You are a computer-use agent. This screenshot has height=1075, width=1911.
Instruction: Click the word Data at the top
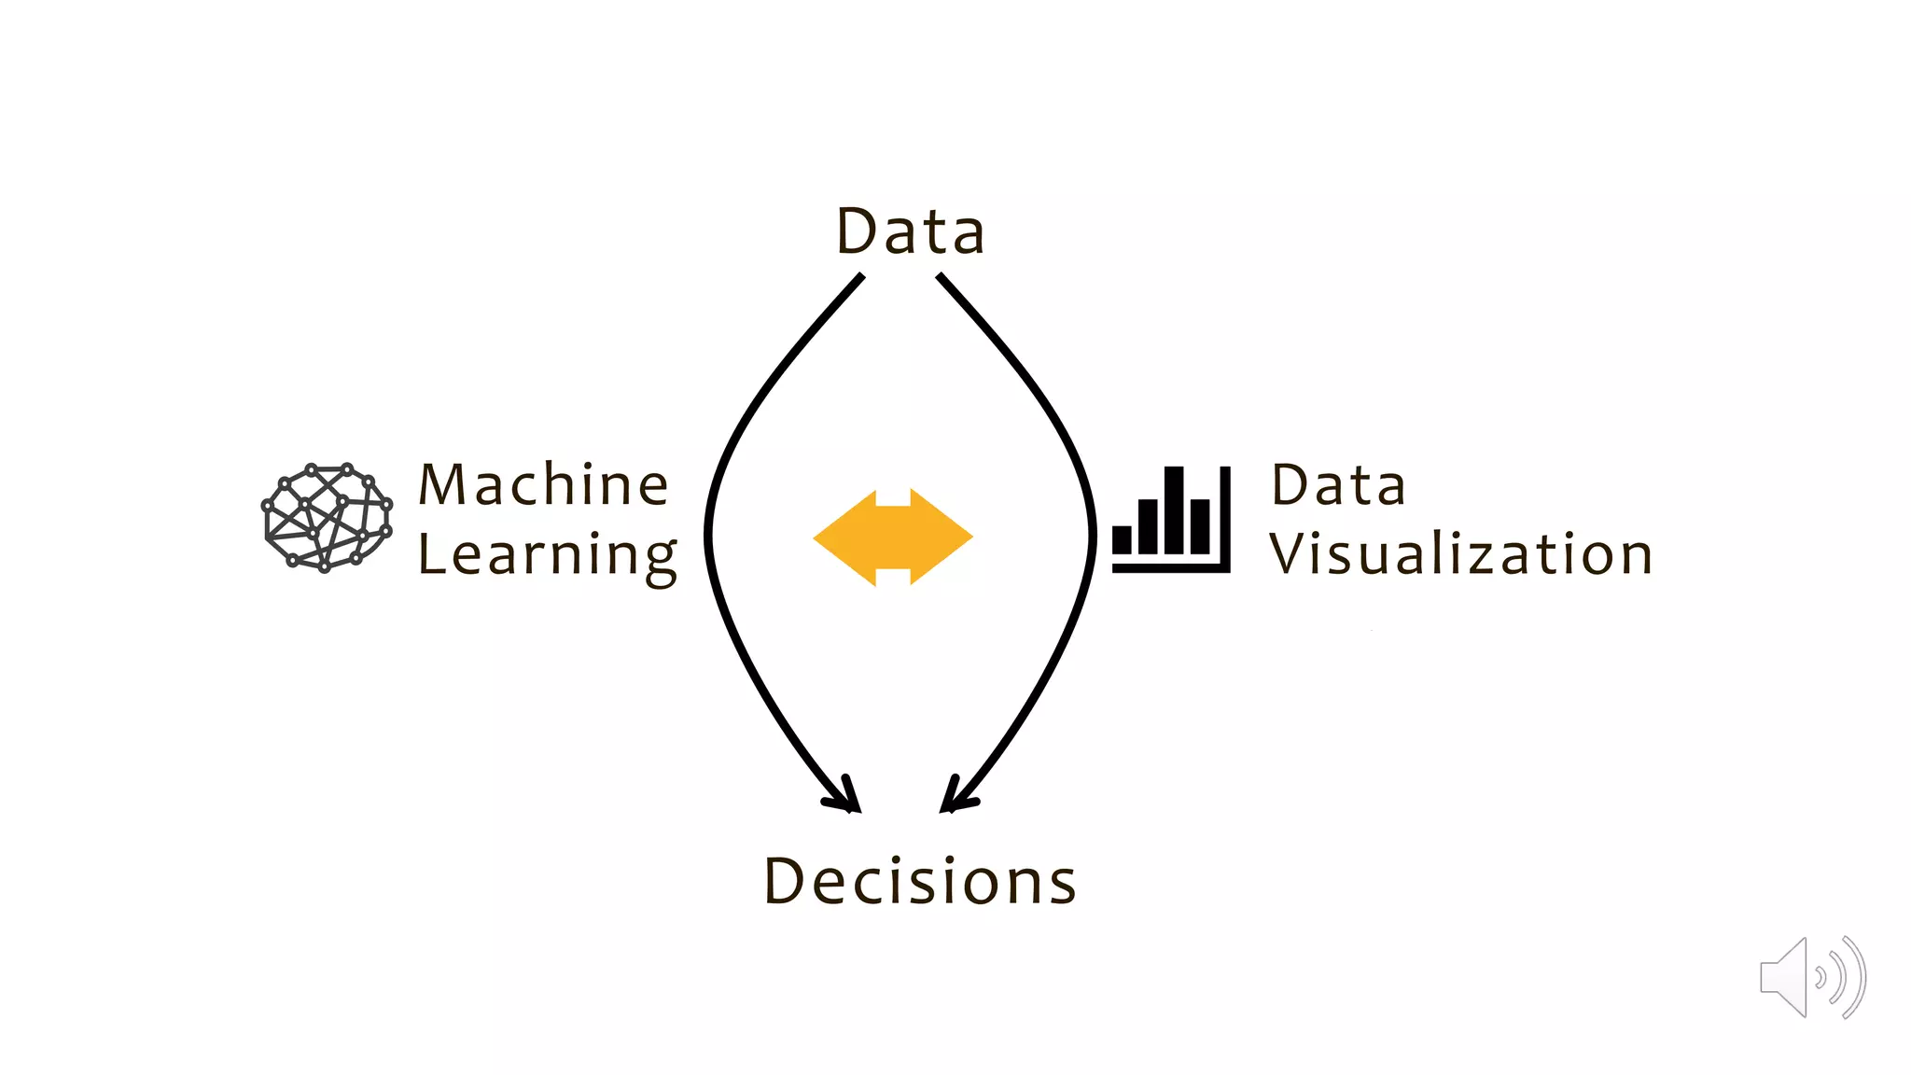(x=910, y=231)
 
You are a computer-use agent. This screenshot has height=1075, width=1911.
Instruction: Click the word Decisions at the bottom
(x=920, y=881)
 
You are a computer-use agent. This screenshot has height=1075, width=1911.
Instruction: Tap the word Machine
(x=543, y=485)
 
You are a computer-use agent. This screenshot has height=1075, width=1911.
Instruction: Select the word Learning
(x=547, y=555)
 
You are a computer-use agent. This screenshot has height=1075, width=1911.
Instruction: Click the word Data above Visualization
(x=1338, y=485)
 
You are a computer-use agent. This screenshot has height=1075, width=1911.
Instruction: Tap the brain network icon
(x=327, y=517)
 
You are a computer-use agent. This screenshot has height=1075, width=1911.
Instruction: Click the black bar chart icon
(x=1171, y=519)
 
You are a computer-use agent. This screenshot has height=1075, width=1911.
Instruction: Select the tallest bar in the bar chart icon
(x=1174, y=510)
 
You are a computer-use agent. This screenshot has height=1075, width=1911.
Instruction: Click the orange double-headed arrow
(x=893, y=537)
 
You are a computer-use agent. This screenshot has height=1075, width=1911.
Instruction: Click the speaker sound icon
(x=1811, y=977)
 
